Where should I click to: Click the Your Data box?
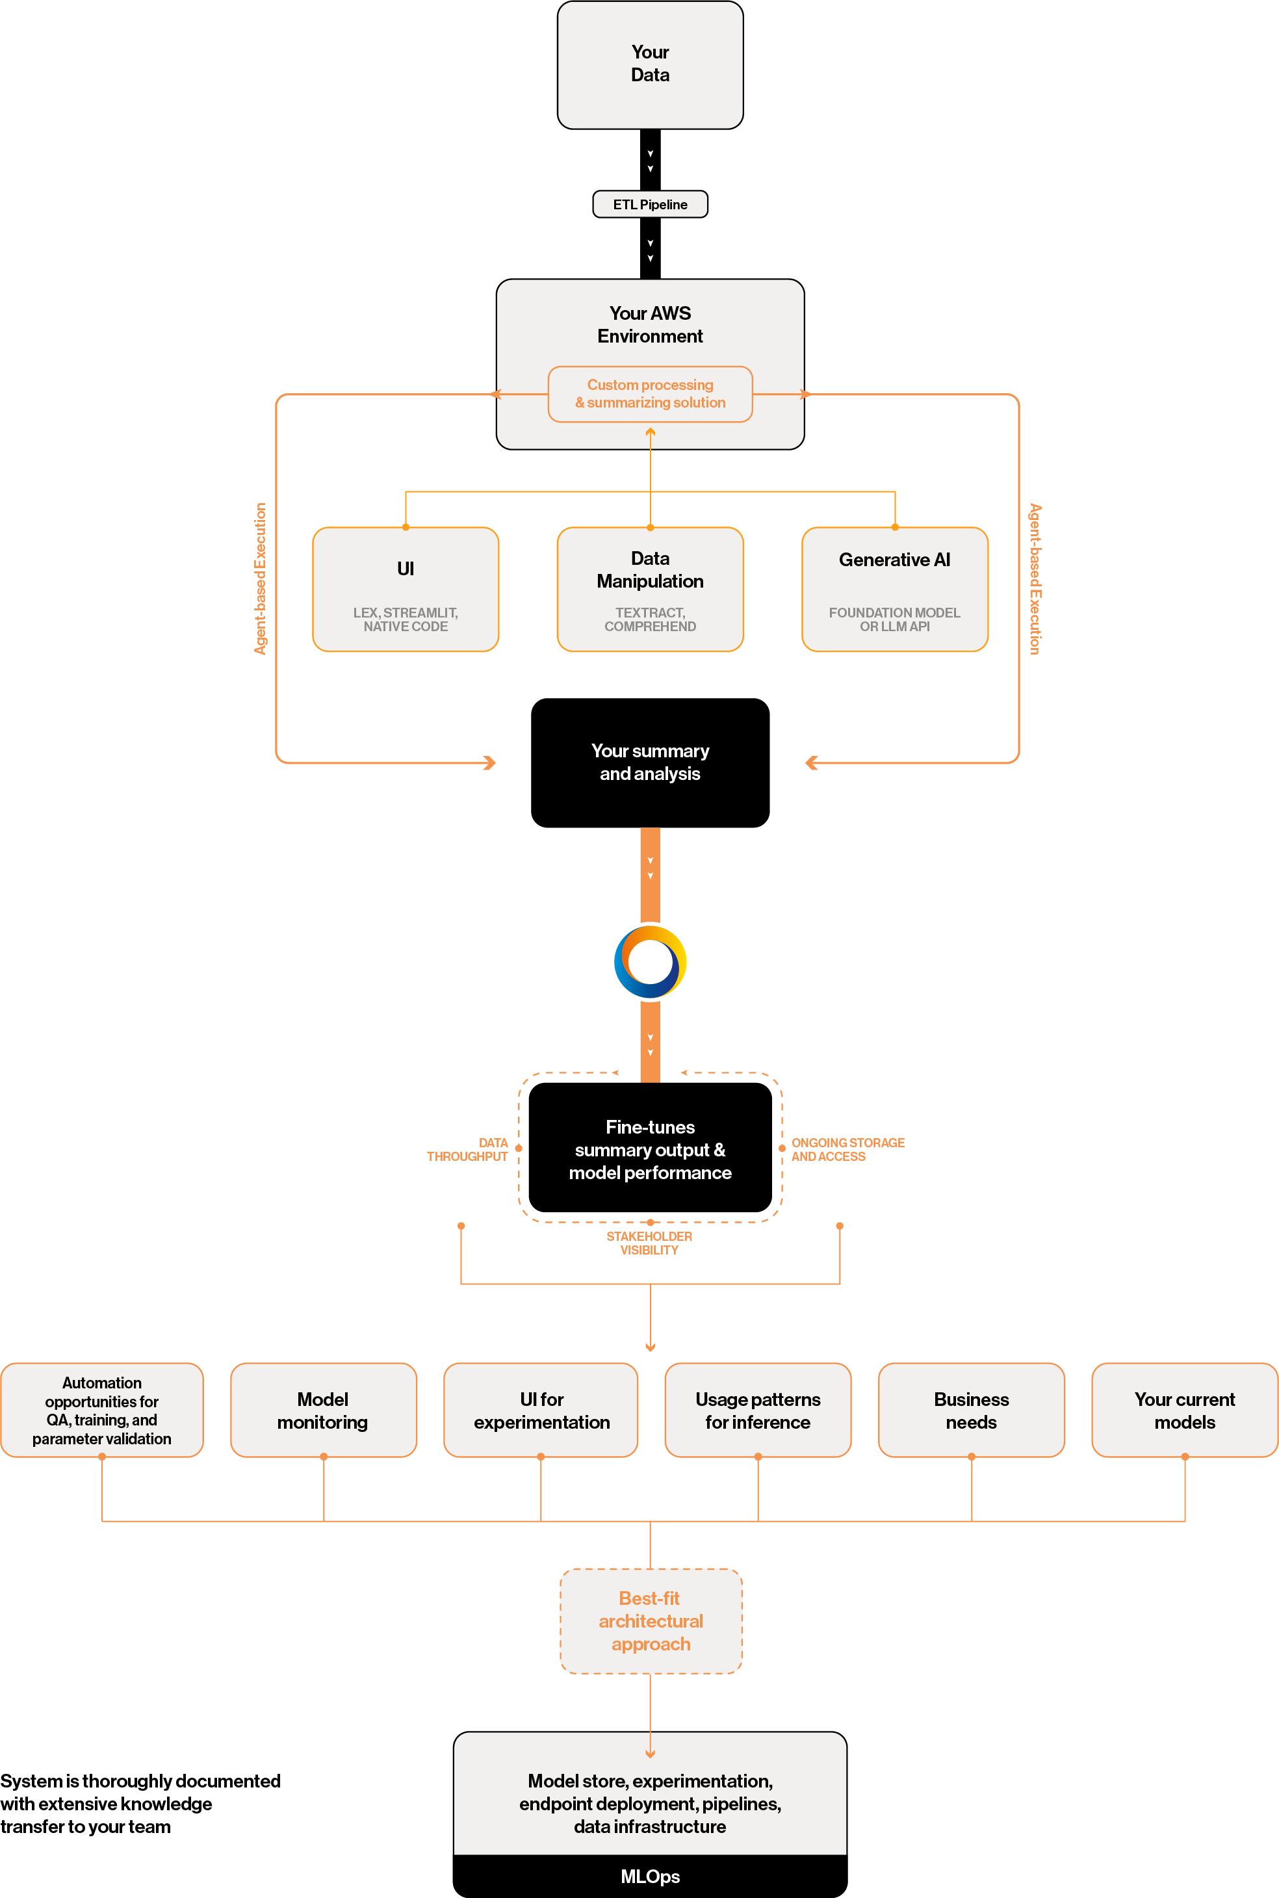(650, 64)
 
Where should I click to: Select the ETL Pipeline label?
(650, 205)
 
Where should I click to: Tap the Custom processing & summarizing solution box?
(650, 394)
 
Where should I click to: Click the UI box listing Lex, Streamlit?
(406, 590)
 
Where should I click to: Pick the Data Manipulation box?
(650, 590)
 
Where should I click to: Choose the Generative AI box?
(895, 590)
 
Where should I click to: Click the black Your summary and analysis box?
(650, 762)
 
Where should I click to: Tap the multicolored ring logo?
(650, 961)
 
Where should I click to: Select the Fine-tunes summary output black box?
(650, 1149)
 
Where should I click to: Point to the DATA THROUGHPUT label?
(468, 1149)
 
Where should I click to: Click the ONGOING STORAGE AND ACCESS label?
(847, 1149)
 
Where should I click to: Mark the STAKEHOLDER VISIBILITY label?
(649, 1243)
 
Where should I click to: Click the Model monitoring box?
(323, 1410)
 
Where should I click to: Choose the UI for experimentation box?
(541, 1410)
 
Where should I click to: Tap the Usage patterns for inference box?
(758, 1410)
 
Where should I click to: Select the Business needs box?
(971, 1410)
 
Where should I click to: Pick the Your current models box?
(1184, 1410)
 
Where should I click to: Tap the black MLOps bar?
(650, 1876)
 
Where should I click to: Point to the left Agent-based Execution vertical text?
(260, 578)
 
